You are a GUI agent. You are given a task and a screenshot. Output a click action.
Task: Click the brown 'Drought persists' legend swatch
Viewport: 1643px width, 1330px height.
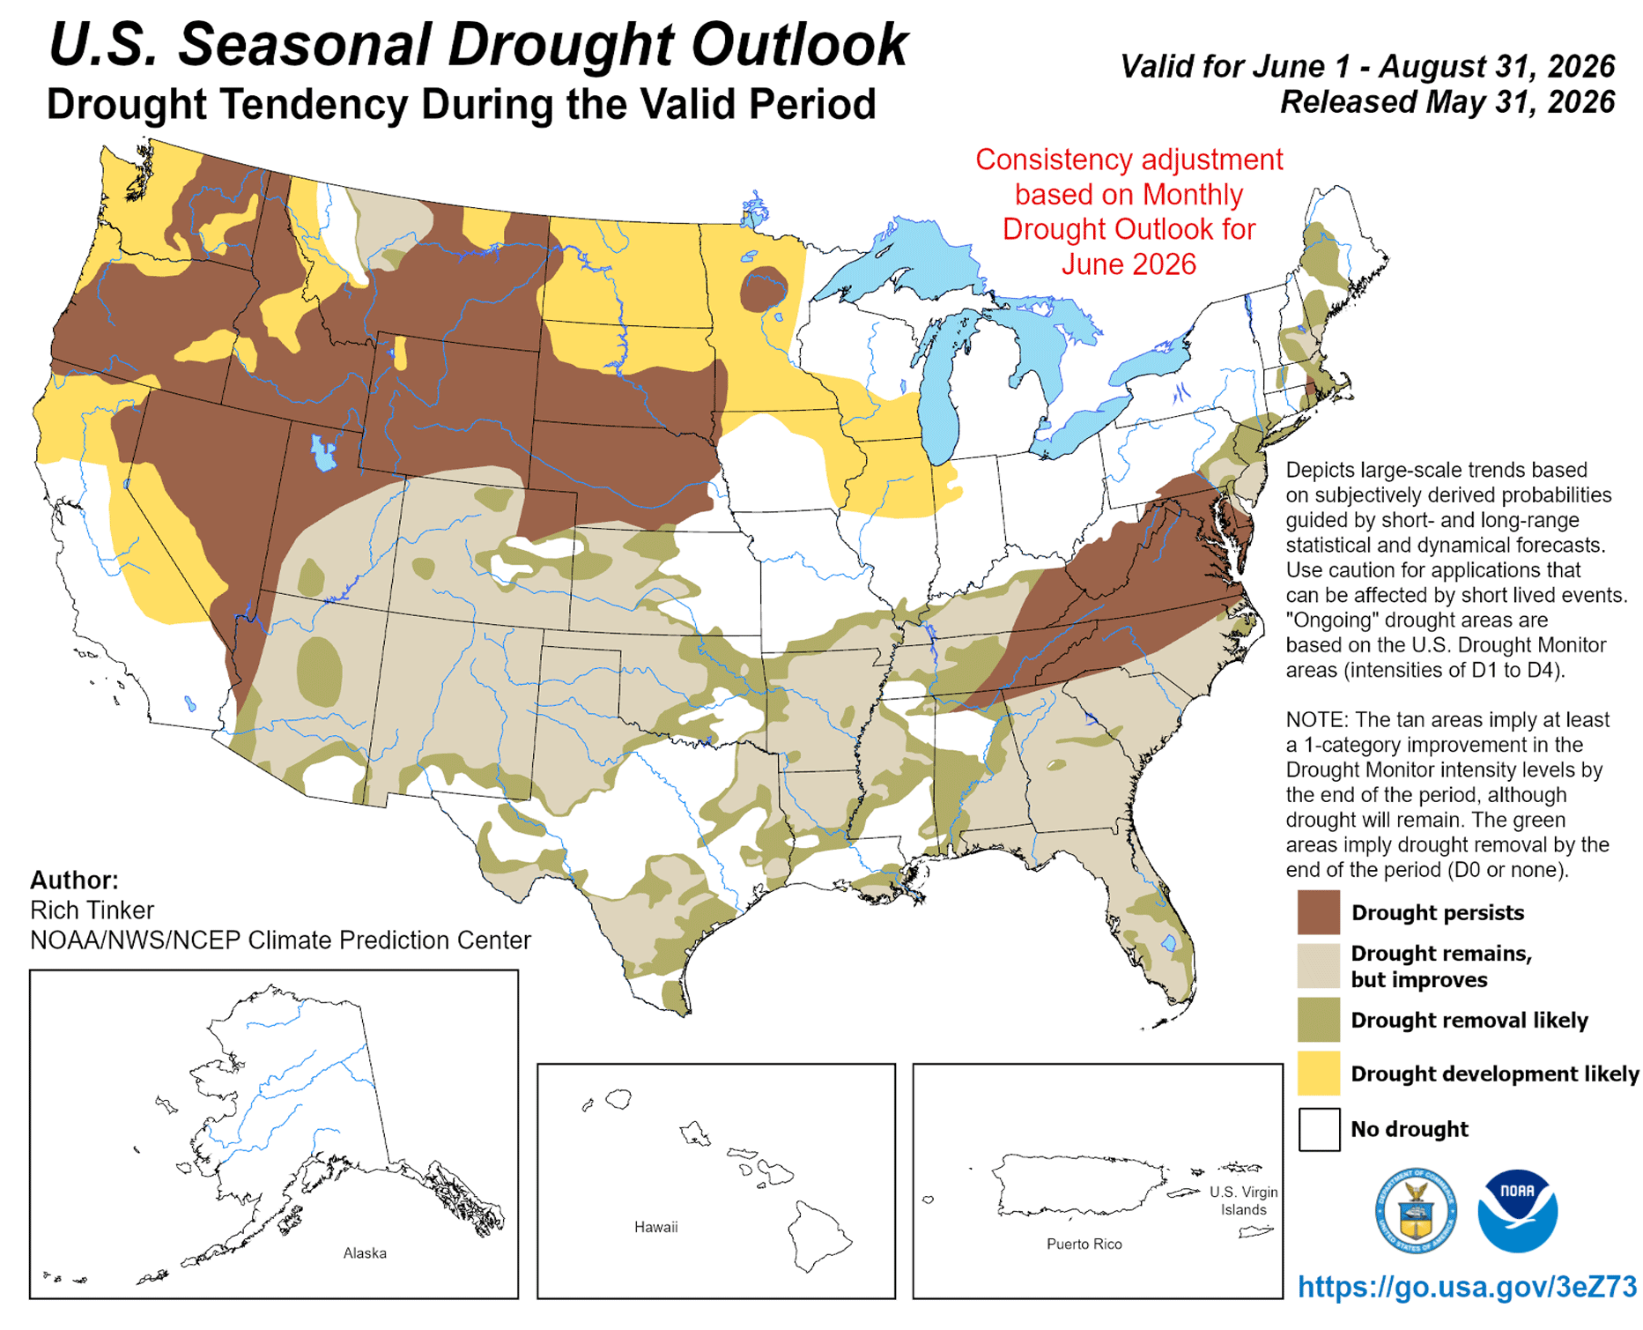click(1319, 911)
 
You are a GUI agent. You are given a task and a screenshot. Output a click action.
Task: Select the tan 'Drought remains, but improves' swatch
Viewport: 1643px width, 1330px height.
click(1319, 966)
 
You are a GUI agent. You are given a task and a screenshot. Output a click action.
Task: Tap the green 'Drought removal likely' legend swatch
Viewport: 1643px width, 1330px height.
click(1319, 1020)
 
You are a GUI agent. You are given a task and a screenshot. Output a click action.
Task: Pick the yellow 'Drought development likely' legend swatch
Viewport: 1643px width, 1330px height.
click(1319, 1074)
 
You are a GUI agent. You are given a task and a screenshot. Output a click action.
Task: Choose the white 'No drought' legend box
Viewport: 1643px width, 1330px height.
click(1319, 1129)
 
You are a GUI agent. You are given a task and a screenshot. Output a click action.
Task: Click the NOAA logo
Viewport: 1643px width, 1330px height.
click(1517, 1211)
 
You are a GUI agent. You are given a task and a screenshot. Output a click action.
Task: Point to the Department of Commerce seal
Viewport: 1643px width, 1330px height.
click(1416, 1211)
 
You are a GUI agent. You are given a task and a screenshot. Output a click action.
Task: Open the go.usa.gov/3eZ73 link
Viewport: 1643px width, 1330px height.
click(1467, 1287)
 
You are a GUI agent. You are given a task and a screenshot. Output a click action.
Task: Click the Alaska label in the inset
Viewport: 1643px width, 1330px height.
click(365, 1252)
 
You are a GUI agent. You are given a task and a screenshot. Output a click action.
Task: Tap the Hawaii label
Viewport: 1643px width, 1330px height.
click(656, 1227)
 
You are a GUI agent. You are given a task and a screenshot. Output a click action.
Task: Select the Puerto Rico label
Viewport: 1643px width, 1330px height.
click(1084, 1244)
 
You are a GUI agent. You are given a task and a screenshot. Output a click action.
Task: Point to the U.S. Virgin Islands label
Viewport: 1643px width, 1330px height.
click(1243, 1200)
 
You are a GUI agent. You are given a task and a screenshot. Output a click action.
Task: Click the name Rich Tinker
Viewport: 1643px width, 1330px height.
click(92, 910)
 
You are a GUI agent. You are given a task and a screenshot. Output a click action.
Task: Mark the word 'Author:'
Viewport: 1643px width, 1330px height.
click(74, 880)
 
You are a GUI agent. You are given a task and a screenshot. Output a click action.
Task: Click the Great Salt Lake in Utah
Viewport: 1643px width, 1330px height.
click(322, 452)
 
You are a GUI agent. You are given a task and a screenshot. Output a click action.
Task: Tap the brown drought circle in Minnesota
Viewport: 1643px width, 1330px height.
click(764, 289)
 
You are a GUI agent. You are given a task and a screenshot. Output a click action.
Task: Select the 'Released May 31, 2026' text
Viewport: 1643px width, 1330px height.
click(1447, 102)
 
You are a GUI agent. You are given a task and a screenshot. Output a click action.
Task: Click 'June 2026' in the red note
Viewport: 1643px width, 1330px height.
click(1129, 264)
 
